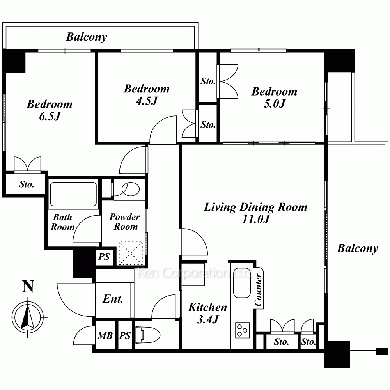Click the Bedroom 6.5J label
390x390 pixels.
click(50, 110)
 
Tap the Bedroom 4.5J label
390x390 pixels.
click(147, 94)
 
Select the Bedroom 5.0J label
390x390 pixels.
click(274, 97)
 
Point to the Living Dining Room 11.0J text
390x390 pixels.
click(255, 213)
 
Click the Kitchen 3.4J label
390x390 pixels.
click(208, 313)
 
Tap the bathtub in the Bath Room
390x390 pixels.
click(73, 194)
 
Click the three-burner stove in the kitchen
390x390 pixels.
click(243, 330)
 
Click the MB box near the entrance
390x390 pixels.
click(105, 335)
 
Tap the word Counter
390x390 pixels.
click(259, 290)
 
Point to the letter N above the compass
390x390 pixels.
click(28, 286)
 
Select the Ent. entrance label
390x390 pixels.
click(113, 299)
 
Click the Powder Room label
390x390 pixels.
click(125, 222)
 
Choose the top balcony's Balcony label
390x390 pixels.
click(87, 37)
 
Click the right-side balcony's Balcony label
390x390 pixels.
click(358, 248)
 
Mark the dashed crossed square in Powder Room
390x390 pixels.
click(131, 253)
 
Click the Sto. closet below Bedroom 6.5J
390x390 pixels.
click(27, 184)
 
